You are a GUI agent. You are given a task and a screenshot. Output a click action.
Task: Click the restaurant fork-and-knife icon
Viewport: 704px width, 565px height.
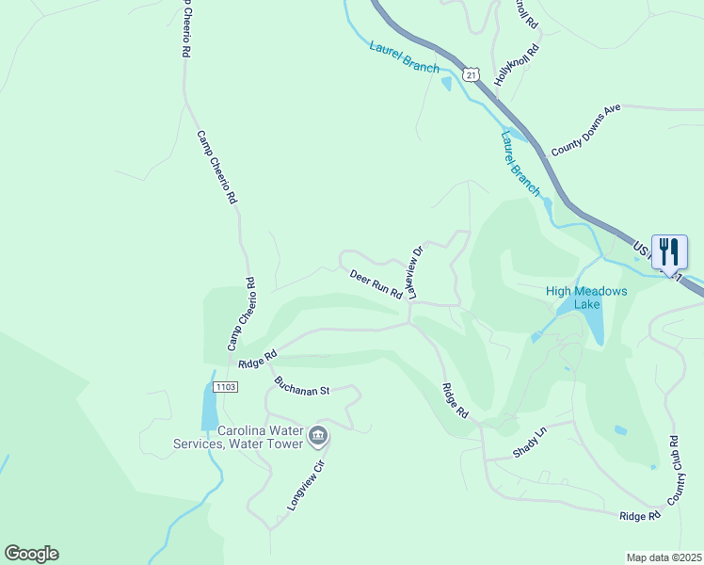click(669, 251)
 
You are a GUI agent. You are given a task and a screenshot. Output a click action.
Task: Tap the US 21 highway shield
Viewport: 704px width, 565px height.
click(471, 73)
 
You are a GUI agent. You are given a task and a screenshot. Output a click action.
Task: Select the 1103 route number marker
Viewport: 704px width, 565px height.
click(225, 387)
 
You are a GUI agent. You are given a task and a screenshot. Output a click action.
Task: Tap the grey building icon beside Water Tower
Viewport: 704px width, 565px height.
click(318, 435)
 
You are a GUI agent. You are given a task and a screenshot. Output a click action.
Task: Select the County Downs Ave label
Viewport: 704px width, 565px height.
click(586, 130)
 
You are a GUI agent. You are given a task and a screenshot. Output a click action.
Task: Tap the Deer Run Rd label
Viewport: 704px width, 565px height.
click(376, 284)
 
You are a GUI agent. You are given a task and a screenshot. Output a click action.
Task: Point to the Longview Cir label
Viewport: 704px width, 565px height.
click(306, 486)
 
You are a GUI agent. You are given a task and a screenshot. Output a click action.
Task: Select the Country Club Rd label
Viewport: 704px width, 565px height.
click(674, 468)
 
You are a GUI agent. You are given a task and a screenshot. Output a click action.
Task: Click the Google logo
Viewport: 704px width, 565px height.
click(31, 554)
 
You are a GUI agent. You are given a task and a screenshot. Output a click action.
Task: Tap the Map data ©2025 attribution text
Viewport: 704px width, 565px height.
click(663, 557)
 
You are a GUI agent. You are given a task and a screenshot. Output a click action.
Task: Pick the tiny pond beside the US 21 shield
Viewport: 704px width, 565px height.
click(446, 84)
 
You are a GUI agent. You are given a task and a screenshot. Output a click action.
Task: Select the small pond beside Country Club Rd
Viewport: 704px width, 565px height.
click(620, 430)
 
